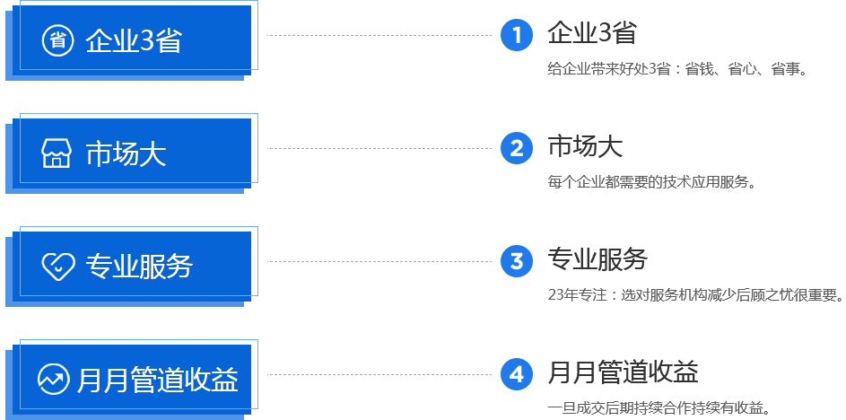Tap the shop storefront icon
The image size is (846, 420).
pyautogui.click(x=57, y=153)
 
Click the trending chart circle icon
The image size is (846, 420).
pyautogui.click(x=54, y=379)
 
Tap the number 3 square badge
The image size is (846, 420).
pyautogui.click(x=516, y=261)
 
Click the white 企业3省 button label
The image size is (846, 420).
pyautogui.click(x=133, y=41)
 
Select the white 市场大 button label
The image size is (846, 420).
pyautogui.click(x=126, y=154)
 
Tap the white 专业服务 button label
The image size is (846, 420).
pyautogui.click(x=139, y=267)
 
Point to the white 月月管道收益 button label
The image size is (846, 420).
pyautogui.click(x=158, y=380)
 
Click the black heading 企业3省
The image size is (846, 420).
pyautogui.click(x=591, y=34)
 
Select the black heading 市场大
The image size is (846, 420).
pyautogui.click(x=584, y=146)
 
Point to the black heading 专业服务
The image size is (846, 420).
pyautogui.click(x=597, y=259)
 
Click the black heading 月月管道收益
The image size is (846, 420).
pyautogui.click(x=623, y=372)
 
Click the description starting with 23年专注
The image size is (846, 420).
pyautogui.click(x=694, y=295)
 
